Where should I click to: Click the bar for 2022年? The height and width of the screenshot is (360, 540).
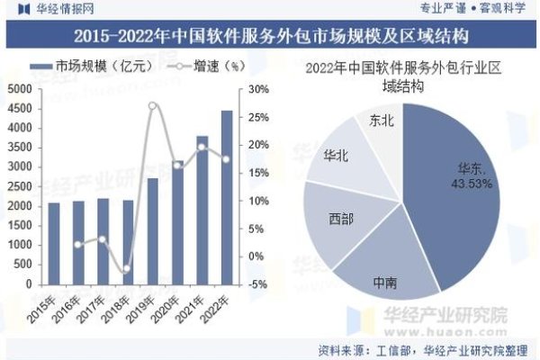(x=227, y=197)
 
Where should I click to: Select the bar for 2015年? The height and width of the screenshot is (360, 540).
(x=54, y=243)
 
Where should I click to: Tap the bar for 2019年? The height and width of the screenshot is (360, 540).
(x=153, y=230)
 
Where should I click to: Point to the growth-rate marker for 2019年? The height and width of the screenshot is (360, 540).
(x=152, y=106)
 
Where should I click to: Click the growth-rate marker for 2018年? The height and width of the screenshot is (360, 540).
(x=128, y=268)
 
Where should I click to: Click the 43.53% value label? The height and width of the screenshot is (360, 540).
(x=473, y=184)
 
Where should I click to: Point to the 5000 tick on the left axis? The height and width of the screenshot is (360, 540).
(x=18, y=89)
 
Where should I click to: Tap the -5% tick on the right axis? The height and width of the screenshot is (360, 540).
(x=257, y=283)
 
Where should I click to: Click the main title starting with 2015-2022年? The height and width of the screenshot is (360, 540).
(x=270, y=36)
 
